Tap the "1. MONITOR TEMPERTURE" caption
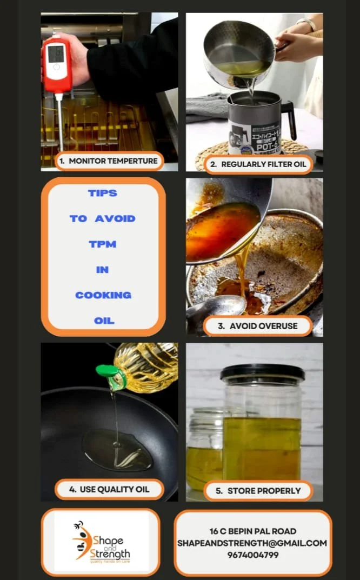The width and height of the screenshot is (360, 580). pyautogui.click(x=109, y=161)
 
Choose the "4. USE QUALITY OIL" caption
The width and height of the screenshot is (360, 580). pyautogui.click(x=109, y=490)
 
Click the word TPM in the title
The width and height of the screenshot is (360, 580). pyautogui.click(x=103, y=244)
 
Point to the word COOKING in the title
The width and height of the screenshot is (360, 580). pyautogui.click(x=103, y=295)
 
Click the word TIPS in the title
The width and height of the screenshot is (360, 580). pyautogui.click(x=102, y=193)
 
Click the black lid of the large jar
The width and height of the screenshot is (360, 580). pyautogui.click(x=262, y=373)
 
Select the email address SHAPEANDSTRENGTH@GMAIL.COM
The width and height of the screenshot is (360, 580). pyautogui.click(x=252, y=543)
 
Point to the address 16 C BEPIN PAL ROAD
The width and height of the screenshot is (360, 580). pyautogui.click(x=252, y=531)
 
